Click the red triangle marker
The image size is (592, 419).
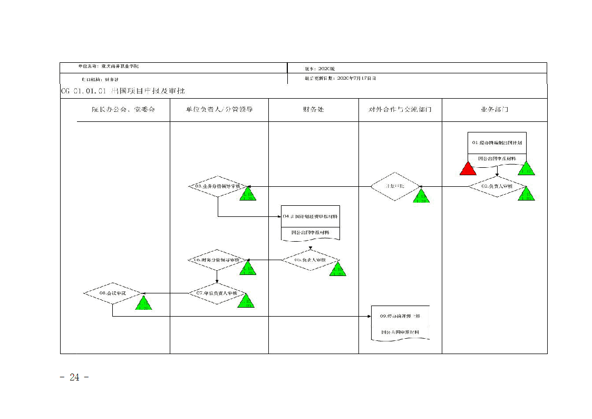468,169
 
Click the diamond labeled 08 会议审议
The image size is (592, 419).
112,293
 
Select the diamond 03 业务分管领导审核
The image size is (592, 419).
218,186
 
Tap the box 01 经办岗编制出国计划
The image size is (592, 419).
497,142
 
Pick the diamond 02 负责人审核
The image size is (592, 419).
497,186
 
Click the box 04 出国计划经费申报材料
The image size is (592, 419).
310,217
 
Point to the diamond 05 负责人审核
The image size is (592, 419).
310,260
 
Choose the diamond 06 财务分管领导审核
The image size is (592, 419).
217,260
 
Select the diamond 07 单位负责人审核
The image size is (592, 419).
217,293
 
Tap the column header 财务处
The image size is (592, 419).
313,110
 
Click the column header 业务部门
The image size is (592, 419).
494,110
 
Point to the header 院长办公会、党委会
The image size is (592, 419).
123,110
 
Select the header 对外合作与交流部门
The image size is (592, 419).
400,110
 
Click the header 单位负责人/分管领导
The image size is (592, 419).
219,110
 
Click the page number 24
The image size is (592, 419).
74,377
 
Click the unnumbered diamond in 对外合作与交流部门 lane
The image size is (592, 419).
395,186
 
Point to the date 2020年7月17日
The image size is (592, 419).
356,78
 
